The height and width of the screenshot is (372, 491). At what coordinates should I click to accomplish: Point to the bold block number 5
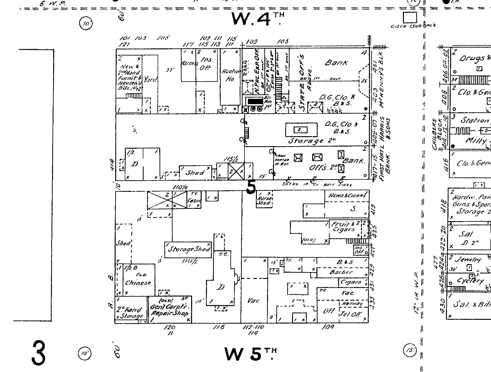coord(251,187)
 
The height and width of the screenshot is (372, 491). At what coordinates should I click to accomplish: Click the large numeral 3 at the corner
coord(38,353)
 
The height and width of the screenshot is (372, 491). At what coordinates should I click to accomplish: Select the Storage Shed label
coord(189,249)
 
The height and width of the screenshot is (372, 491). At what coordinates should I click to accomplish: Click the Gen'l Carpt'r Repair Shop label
coord(172,310)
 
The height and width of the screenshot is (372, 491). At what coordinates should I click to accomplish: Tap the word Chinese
coord(138,283)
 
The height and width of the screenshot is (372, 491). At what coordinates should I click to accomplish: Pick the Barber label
coord(341,272)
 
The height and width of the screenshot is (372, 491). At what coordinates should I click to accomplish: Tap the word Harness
coord(189,63)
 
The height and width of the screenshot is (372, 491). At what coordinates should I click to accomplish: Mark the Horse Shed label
coord(263,200)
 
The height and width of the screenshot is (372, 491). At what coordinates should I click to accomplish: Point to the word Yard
coord(151,80)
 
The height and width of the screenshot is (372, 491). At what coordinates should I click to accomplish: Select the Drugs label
coord(472,58)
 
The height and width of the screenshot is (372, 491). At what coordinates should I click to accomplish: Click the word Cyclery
coord(471,280)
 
